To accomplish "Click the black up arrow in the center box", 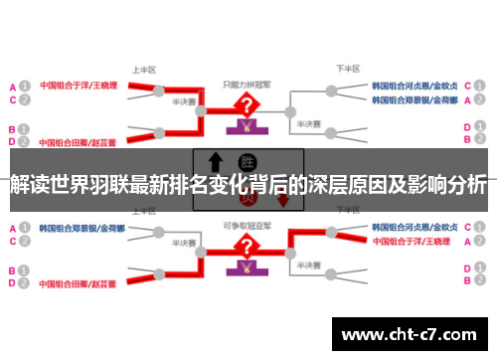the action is click(215, 162).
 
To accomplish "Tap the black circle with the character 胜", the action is click(248, 162).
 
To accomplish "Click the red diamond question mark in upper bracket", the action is click(243, 106).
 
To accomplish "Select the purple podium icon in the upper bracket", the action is click(243, 127).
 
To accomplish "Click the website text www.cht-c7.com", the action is click(411, 334).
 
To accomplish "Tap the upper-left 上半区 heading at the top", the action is click(143, 71).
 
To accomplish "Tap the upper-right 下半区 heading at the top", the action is click(348, 71).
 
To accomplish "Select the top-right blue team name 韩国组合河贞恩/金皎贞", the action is click(415, 87).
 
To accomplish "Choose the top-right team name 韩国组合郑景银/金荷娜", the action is click(415, 100).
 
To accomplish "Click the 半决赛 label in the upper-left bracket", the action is click(182, 101).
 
